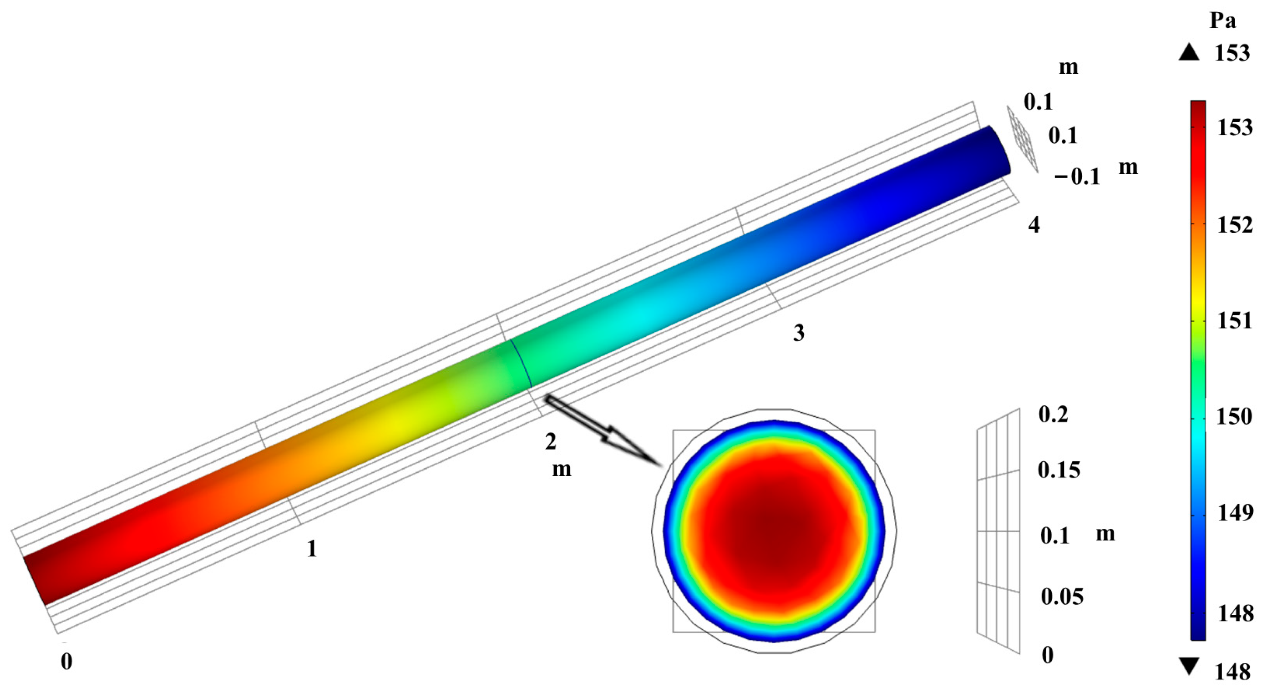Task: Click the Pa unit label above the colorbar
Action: pos(1223,21)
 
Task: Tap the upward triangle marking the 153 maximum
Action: pos(1189,53)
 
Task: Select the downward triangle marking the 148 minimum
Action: pos(1189,667)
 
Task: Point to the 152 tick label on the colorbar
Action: pos(1235,225)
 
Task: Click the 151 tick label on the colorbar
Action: pos(1235,321)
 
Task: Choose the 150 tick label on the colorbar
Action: pos(1235,417)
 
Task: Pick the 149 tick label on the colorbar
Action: pos(1235,513)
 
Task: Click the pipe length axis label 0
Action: pos(66,662)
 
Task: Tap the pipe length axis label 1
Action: pos(311,548)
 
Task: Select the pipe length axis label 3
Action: pos(799,333)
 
